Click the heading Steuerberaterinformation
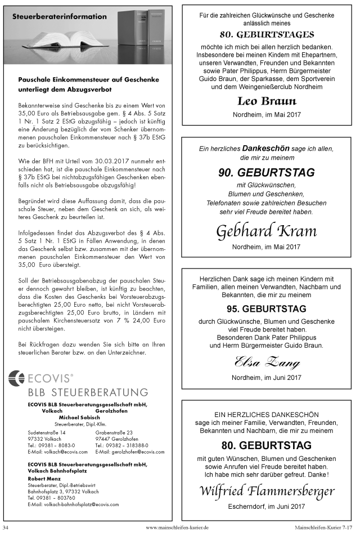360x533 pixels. [x=59, y=17]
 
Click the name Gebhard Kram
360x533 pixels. [x=266, y=231]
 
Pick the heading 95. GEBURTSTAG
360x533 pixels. [x=267, y=309]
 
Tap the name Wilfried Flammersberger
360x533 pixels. [x=267, y=491]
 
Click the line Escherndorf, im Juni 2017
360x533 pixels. [x=267, y=507]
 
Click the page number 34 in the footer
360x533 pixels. [x=6, y=527]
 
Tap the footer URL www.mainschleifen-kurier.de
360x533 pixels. [x=177, y=527]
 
